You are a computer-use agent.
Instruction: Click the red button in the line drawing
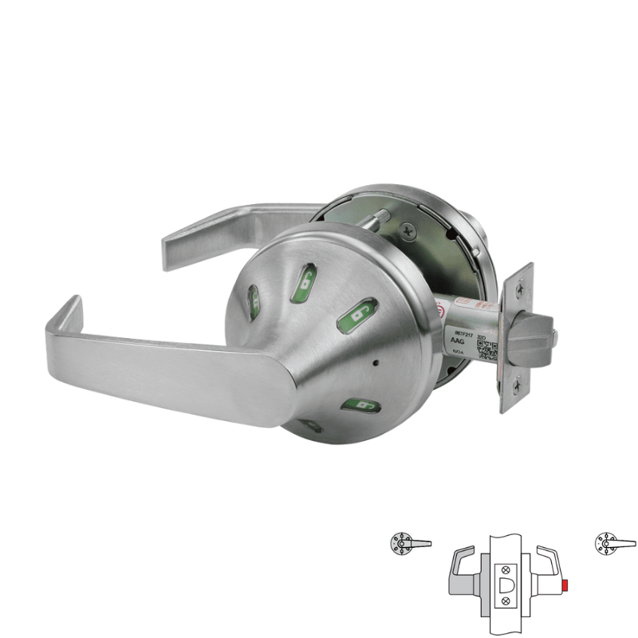pyautogui.click(x=566, y=589)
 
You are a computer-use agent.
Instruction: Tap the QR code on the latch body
pyautogui.click(x=485, y=352)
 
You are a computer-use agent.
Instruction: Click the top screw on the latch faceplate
pyautogui.click(x=520, y=286)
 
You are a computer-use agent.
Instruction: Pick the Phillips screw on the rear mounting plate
pyautogui.click(x=410, y=230)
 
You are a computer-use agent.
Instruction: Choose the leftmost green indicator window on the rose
pyautogui.click(x=254, y=301)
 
